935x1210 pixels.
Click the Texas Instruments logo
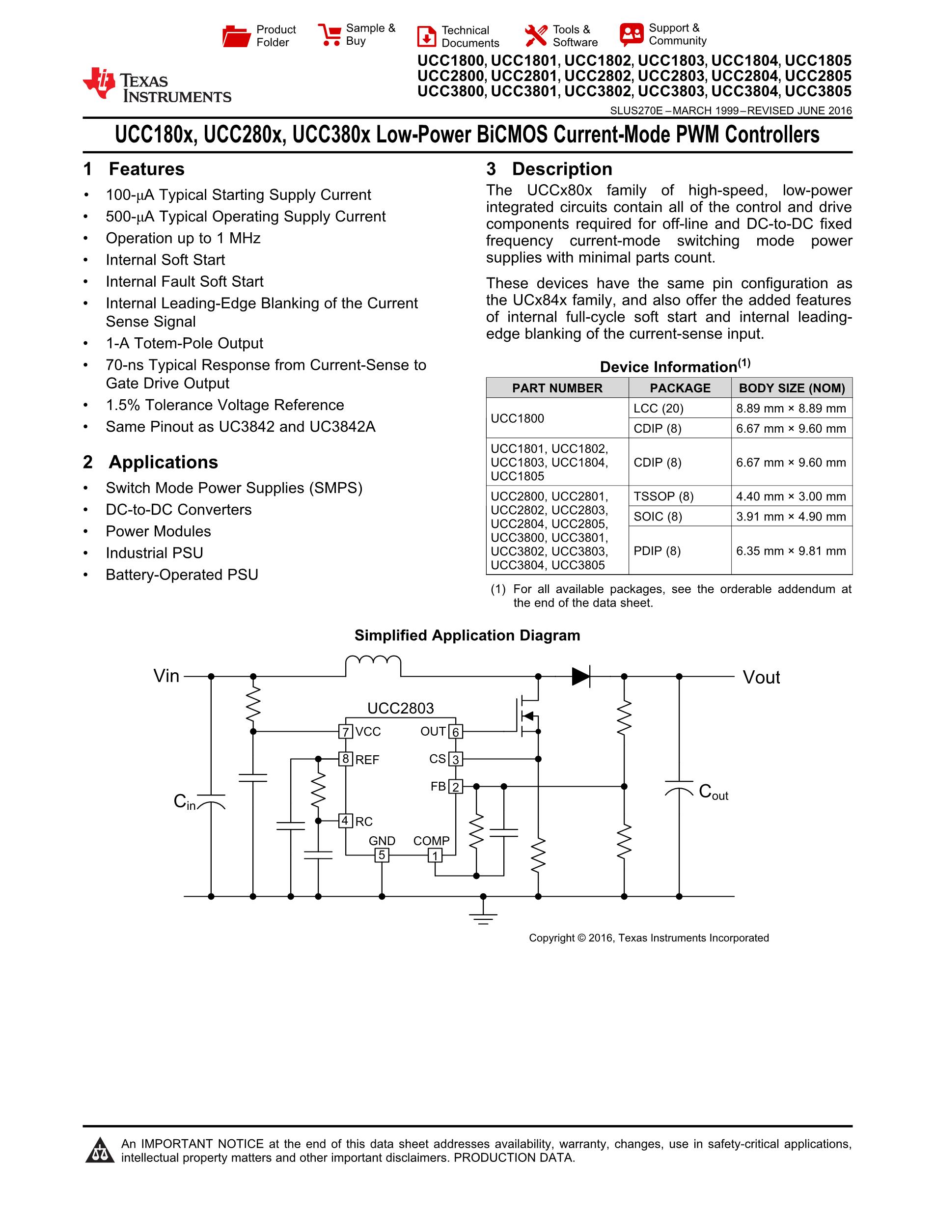click(156, 86)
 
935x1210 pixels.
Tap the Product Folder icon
click(237, 36)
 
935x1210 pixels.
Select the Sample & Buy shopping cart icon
click(330, 34)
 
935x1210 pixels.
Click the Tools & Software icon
click(536, 36)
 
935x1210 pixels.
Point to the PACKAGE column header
click(680, 388)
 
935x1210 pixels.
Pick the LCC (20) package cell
click(659, 408)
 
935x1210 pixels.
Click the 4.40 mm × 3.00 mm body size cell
click(791, 496)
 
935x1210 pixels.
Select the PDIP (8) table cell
click(657, 550)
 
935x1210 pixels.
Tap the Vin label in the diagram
click(166, 676)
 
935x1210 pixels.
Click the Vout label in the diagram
click(761, 677)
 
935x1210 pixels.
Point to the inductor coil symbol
click(373, 663)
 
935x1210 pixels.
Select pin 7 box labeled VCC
click(346, 732)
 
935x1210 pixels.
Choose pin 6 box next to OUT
click(455, 732)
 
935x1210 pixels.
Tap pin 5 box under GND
click(382, 855)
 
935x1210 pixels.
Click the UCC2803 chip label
click(401, 708)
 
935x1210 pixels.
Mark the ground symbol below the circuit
click(483, 917)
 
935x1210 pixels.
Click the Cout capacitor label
click(714, 792)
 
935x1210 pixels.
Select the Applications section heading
click(163, 462)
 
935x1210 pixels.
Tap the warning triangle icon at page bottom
click(100, 1150)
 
